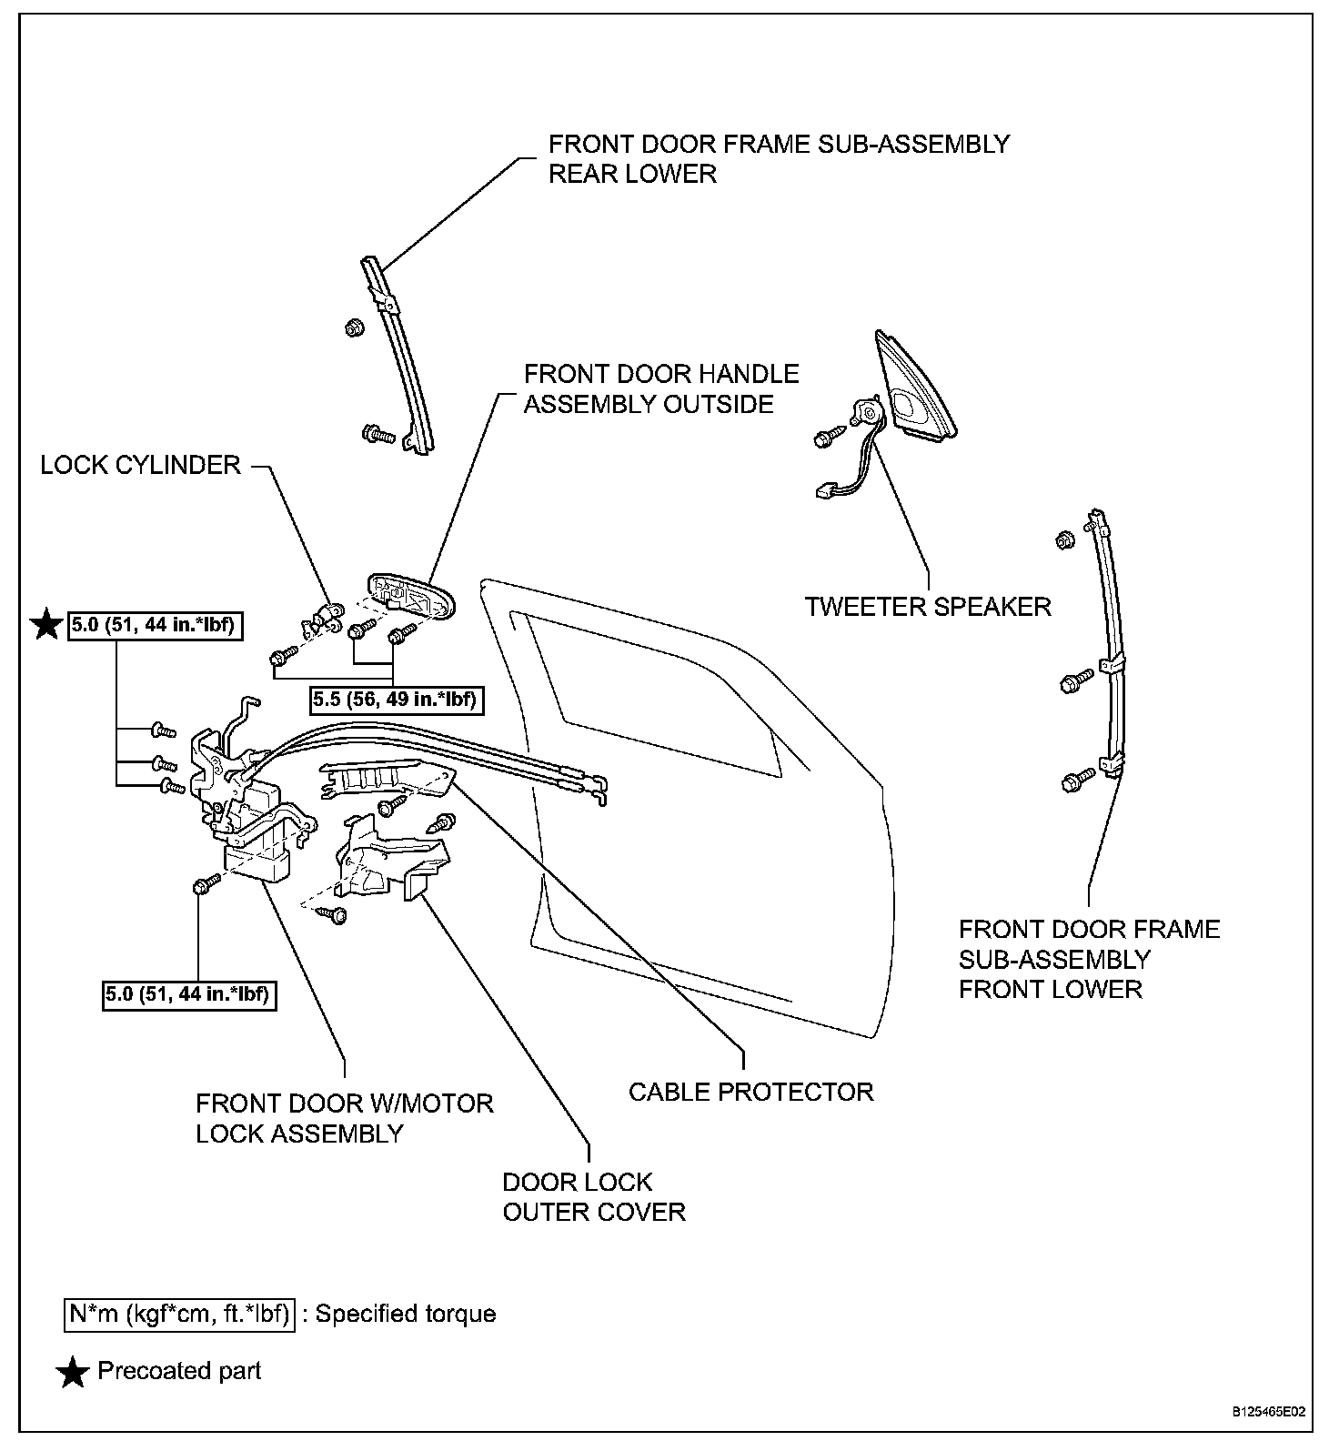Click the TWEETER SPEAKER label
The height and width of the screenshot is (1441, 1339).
[x=928, y=606]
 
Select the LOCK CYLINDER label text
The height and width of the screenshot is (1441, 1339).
[x=140, y=466]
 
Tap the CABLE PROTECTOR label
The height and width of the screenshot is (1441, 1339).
[x=750, y=1091]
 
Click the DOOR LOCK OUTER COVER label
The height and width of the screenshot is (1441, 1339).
[x=594, y=1196]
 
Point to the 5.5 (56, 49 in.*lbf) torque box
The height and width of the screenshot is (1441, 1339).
[x=394, y=700]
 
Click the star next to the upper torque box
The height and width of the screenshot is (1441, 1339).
[x=45, y=626]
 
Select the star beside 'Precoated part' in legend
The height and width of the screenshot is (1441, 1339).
[x=73, y=1373]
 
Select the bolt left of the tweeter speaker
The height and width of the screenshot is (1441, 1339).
[x=824, y=438]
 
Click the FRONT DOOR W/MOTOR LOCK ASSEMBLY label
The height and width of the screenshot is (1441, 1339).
[x=344, y=1118]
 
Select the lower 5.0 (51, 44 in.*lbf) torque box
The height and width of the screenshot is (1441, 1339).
[x=188, y=994]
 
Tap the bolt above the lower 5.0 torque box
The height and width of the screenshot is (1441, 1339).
[x=206, y=883]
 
